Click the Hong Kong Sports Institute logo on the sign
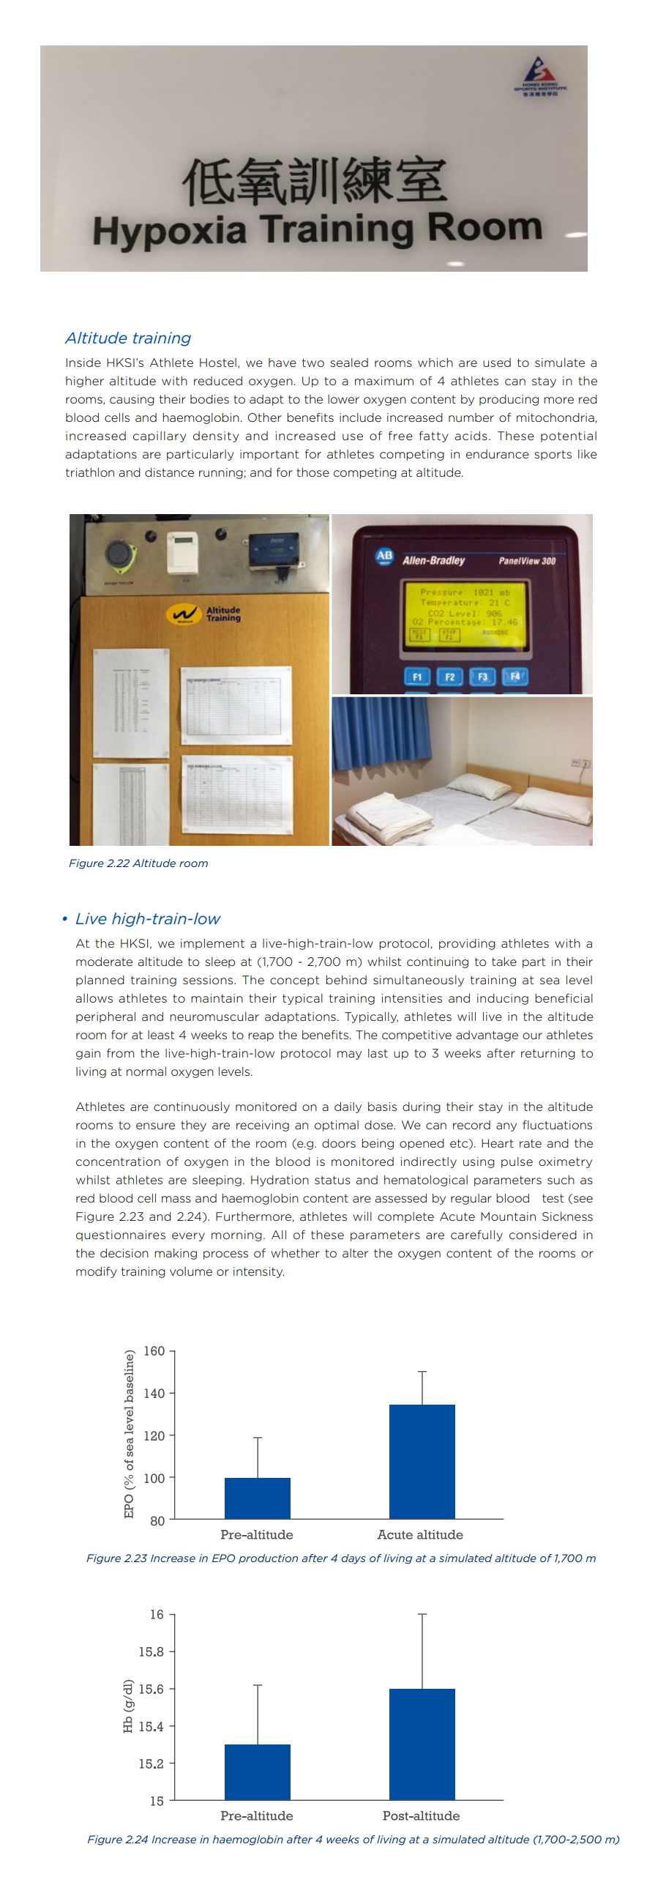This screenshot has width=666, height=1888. pos(540,76)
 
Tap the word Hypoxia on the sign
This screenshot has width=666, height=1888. pos(169,230)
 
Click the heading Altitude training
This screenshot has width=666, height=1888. pos(127,338)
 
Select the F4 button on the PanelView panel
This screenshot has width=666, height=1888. pos(515,676)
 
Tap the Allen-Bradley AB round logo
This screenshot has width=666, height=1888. pos(385,557)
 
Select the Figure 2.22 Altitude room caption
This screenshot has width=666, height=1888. pos(138,863)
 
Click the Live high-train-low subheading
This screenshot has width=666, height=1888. pos(147,919)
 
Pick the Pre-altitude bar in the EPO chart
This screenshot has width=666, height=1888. pos(257,1498)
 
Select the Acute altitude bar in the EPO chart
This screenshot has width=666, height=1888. pos(422,1462)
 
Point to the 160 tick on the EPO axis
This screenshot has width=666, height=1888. pos(154,1350)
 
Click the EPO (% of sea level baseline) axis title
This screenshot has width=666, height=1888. pos(130,1435)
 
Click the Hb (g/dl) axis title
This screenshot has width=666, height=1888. pos(128,1706)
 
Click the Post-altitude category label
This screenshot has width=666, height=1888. pos(421,1815)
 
